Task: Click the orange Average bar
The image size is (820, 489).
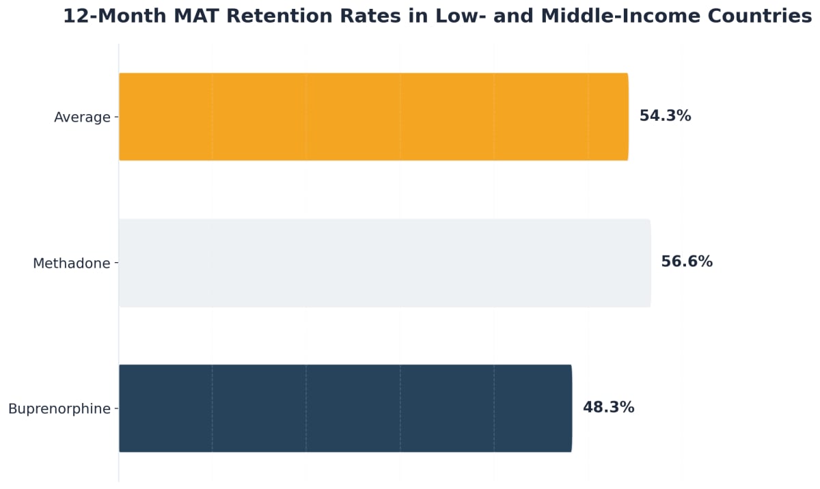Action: coord(373,117)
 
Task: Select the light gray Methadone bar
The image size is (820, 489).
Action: coord(385,263)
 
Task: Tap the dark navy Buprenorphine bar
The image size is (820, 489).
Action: coord(345,408)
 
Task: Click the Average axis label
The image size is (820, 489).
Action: coord(82,117)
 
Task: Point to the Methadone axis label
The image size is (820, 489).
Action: coord(71,264)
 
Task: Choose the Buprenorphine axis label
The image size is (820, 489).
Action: coord(59,409)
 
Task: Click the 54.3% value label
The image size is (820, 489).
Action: coord(665,116)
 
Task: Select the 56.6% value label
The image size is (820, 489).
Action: coord(687,262)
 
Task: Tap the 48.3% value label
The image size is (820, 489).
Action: coord(608,408)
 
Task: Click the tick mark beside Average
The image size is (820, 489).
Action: coord(116,117)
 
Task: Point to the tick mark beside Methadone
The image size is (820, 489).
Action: coord(116,264)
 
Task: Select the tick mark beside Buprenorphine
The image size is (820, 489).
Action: coord(116,409)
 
